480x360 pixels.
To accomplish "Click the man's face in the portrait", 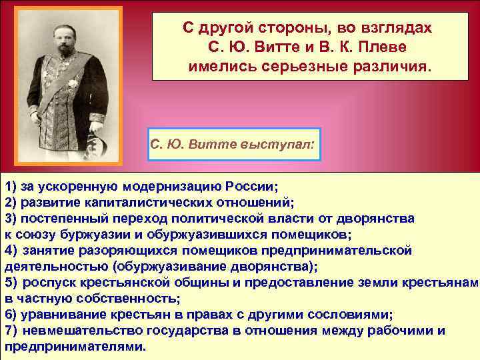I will point(61,33).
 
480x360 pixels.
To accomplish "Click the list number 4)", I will point(11,250).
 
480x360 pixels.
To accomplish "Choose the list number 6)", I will point(11,315).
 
